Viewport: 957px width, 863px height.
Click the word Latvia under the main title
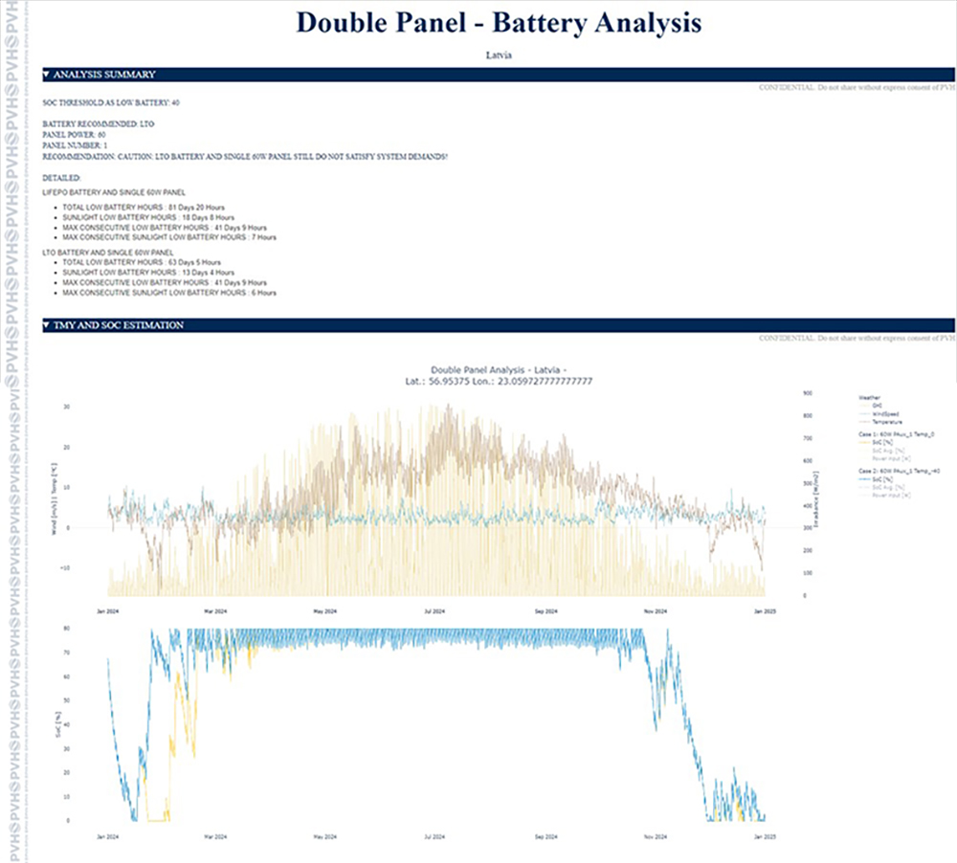click(x=499, y=55)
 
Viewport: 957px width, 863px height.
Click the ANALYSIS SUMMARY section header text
click(x=104, y=74)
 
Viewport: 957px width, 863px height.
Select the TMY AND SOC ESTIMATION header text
click(x=119, y=325)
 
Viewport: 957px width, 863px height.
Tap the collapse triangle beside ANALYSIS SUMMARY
click(x=47, y=74)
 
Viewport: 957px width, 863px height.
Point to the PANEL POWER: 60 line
click(x=75, y=135)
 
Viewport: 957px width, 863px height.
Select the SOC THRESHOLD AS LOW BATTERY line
click(x=111, y=101)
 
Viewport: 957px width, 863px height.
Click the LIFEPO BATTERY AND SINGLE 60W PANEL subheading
click(x=110, y=192)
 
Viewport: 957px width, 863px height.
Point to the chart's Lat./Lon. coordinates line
click(x=498, y=381)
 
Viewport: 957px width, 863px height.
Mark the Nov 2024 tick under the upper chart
click(x=656, y=610)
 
